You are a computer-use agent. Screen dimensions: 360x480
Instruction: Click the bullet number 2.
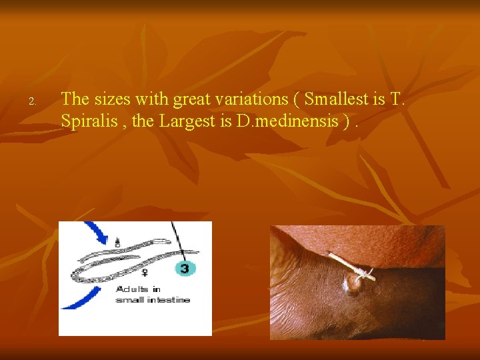[x=31, y=102]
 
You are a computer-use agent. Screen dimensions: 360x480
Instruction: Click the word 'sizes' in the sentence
[x=111, y=99]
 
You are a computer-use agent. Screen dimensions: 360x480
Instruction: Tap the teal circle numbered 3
[x=185, y=268]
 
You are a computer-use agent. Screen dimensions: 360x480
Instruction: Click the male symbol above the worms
[x=117, y=243]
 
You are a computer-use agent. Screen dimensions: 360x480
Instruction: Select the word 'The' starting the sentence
[x=75, y=99]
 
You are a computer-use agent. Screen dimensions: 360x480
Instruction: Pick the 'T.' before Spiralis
[x=397, y=99]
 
